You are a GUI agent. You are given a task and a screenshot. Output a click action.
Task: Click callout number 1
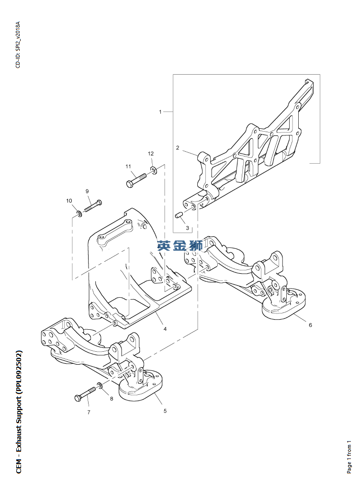coord(160,112)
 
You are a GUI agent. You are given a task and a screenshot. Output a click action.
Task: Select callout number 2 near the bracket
coord(177,148)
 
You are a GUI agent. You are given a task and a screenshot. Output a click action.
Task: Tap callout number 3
coord(187,228)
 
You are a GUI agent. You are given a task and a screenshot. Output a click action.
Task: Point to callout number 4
coord(165,329)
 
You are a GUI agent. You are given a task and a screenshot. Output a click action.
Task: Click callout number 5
coord(165,411)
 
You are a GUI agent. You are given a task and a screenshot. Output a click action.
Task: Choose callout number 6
coord(310,325)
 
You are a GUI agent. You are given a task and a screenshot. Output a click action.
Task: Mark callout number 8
coord(112,398)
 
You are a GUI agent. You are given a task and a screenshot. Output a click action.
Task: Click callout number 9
coord(88,191)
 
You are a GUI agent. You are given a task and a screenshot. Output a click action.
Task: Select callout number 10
coord(69,201)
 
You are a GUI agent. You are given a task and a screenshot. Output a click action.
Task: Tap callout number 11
coord(128,167)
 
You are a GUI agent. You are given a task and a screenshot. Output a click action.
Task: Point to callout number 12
coord(151,154)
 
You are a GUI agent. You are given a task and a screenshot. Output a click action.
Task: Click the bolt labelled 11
coord(136,180)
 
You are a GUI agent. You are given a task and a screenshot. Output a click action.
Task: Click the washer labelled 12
coord(153,170)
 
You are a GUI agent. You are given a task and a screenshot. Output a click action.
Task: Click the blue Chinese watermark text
coord(180,246)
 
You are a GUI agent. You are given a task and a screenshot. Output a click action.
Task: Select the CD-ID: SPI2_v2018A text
coord(18,45)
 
